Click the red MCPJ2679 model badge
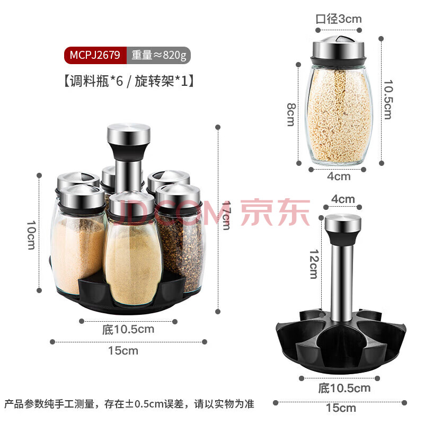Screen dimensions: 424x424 [x=95, y=55]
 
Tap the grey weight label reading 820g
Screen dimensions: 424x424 [x=158, y=55]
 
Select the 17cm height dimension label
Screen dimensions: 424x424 [x=226, y=215]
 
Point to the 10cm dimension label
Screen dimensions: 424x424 [x=31, y=235]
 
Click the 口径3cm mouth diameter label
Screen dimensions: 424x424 [x=339, y=19]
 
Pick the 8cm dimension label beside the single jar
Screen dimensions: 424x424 [x=291, y=114]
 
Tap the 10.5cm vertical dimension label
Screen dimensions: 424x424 [x=388, y=99]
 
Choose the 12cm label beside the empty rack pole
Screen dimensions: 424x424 [x=314, y=263]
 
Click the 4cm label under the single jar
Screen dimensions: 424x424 [x=339, y=176]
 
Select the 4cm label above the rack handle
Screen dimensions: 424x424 [x=343, y=199]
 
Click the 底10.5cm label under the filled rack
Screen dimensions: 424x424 [x=128, y=329]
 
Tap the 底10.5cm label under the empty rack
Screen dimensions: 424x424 [x=344, y=388]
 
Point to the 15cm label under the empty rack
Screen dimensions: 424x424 [x=341, y=408]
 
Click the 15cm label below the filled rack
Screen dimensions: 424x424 [x=123, y=351]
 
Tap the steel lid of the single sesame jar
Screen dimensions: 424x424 [x=338, y=51]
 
